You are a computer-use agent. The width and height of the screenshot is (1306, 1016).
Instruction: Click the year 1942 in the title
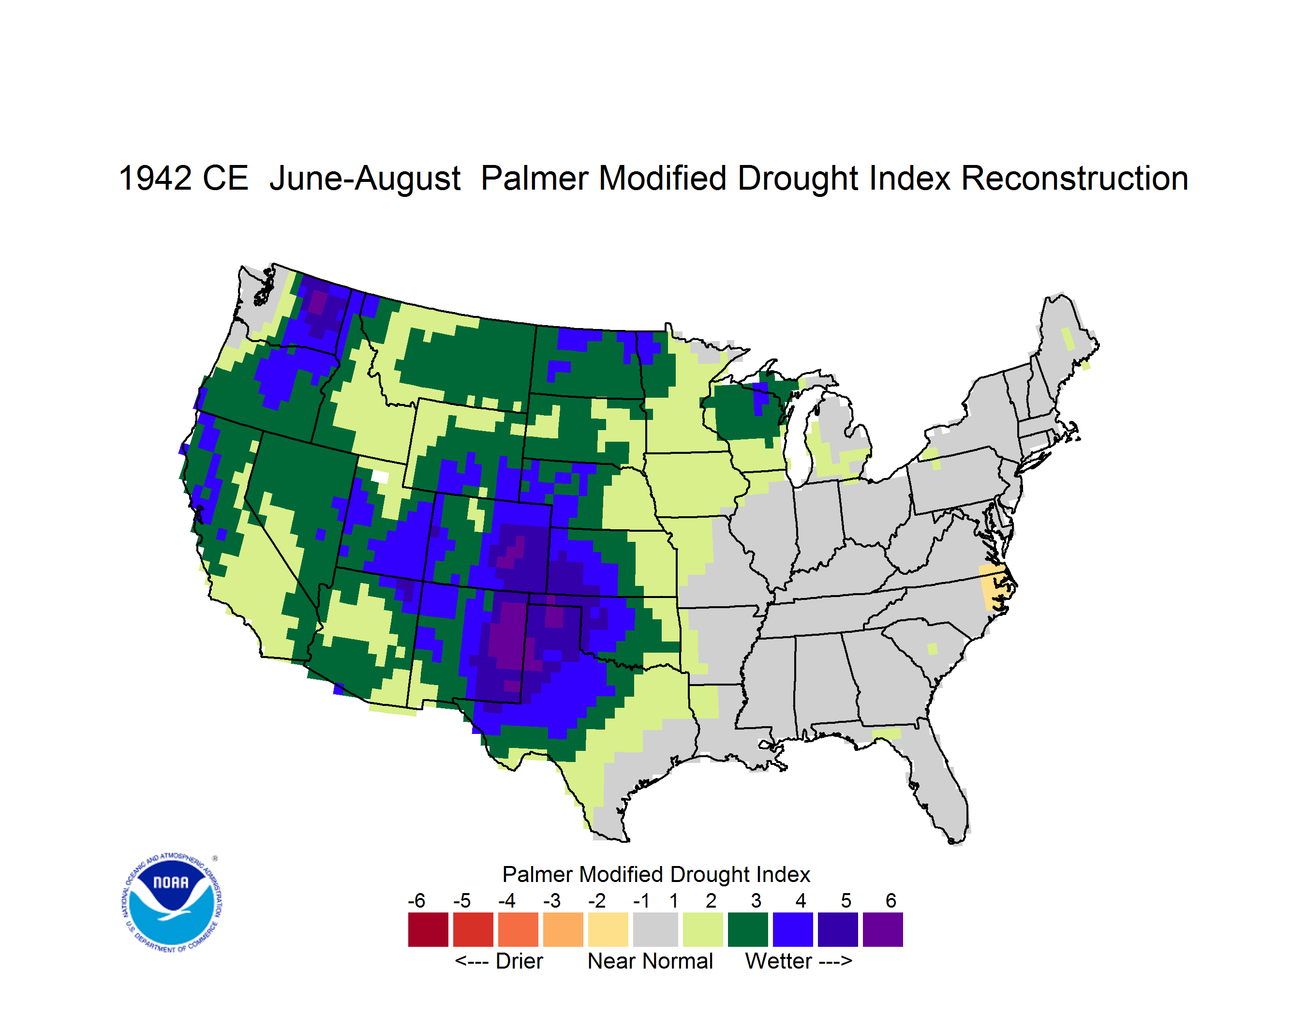[x=155, y=178]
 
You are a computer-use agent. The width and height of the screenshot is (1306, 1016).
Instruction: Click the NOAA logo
[x=171, y=903]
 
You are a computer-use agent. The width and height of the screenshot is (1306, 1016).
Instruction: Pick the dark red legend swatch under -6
[x=428, y=929]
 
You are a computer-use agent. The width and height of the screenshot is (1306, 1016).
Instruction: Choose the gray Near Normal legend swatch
[x=655, y=929]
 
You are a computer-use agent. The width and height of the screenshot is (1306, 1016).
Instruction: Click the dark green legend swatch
[x=747, y=929]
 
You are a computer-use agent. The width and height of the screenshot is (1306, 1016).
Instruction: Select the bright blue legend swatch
[x=792, y=929]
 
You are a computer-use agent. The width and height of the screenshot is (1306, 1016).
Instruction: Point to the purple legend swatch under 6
[x=883, y=929]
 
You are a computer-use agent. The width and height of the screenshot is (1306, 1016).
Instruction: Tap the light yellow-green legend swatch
[x=703, y=929]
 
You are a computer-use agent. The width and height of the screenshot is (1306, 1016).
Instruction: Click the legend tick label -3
[x=551, y=900]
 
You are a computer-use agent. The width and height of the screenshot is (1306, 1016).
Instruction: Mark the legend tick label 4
[x=801, y=900]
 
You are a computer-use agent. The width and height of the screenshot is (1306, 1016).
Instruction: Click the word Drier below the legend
[x=519, y=961]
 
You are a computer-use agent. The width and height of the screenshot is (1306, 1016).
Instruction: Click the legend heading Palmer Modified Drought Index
[x=656, y=874]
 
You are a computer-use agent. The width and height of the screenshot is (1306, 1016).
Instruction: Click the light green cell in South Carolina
[x=932, y=649]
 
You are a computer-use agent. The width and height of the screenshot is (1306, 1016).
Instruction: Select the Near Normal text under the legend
[x=650, y=961]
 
